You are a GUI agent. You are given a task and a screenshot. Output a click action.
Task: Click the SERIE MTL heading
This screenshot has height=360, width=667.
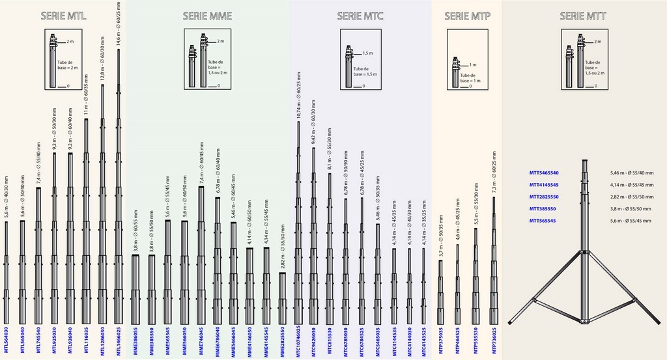click(x=64, y=16)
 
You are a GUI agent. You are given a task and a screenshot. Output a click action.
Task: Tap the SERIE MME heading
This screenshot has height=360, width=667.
click(x=206, y=16)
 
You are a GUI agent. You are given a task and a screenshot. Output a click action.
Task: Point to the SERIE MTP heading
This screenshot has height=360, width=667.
click(x=466, y=16)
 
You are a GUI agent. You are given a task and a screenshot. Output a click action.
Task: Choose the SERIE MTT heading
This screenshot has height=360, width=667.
click(x=582, y=16)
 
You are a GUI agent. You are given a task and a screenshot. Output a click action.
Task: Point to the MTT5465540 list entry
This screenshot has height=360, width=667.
click(x=545, y=173)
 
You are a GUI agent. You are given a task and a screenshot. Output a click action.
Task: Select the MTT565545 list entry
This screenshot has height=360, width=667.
click(x=543, y=220)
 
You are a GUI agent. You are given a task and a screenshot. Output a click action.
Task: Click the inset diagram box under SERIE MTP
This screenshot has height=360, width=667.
click(x=466, y=71)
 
